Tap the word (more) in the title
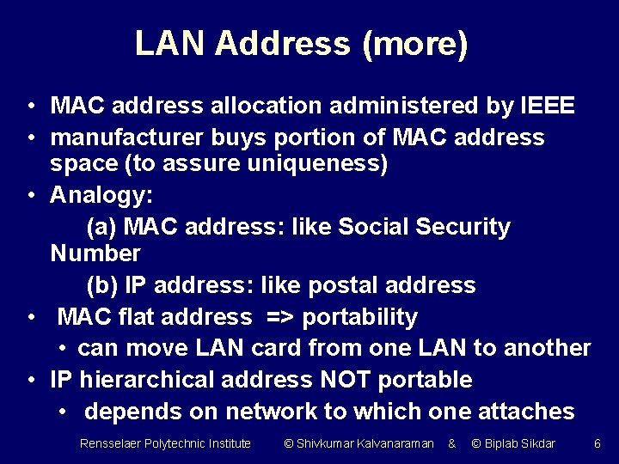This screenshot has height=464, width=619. point(415,44)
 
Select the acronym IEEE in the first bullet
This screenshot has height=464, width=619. point(548,106)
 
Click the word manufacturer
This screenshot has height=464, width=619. point(122,137)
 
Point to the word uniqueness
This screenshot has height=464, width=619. point(321,163)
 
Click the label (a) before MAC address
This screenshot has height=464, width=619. point(102,227)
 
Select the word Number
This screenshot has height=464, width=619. point(95,253)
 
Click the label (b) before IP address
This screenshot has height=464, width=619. point(102,284)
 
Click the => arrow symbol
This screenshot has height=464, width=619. point(281,317)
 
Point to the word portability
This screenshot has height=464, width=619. point(360,317)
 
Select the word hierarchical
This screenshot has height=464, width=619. point(159,380)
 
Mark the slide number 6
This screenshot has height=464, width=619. point(598,443)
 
